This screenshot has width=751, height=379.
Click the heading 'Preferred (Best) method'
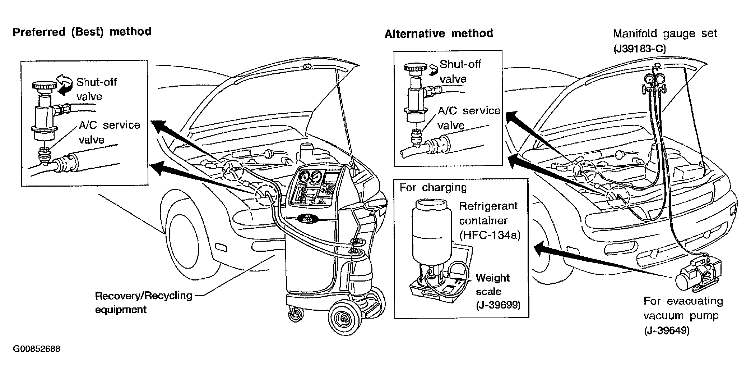82,32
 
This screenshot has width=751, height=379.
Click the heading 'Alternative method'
439,34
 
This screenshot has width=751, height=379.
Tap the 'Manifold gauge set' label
665,34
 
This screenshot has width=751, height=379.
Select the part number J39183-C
639,49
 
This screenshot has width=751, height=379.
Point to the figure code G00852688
37,349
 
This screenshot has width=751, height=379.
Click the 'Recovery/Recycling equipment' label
143,302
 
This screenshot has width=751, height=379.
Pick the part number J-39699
498,305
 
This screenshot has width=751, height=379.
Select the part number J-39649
667,330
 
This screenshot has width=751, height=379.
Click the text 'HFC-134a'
490,235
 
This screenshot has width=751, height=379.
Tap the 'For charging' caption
433,188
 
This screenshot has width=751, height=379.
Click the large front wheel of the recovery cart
344,317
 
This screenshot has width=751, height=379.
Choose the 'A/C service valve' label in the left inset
109,132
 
